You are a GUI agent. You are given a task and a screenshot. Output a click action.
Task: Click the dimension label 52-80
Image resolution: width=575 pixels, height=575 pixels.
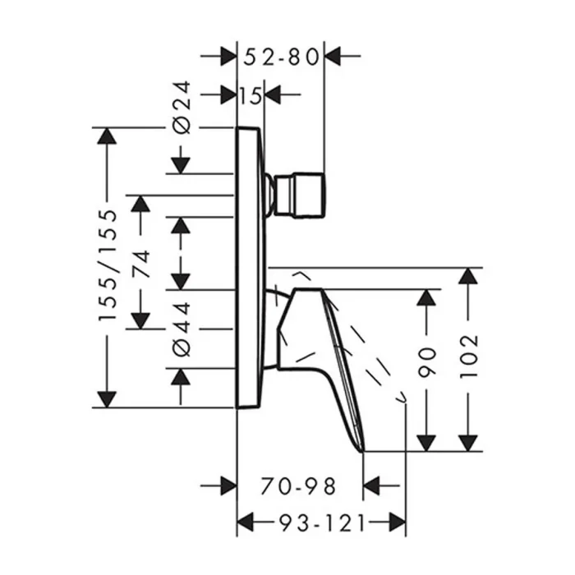[x=281, y=57]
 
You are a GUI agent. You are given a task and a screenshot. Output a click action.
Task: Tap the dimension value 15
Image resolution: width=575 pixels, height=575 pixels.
[x=251, y=96]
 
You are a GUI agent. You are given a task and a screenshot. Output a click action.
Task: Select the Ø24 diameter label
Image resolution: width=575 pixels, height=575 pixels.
[x=182, y=107]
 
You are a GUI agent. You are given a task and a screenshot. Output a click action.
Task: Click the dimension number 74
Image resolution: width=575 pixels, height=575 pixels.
[x=141, y=264]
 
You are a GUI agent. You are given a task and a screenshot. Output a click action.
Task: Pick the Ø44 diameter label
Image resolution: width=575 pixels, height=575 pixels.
[x=182, y=329]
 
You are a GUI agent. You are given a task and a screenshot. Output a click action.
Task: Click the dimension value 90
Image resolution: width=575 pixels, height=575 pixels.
[x=427, y=363]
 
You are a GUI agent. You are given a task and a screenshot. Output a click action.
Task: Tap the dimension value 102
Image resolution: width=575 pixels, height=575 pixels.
[x=469, y=356]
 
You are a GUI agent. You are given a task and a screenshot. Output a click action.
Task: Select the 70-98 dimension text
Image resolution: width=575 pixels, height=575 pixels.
[x=298, y=486]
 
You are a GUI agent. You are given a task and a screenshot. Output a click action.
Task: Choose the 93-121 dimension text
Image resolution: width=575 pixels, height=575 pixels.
[x=322, y=522]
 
